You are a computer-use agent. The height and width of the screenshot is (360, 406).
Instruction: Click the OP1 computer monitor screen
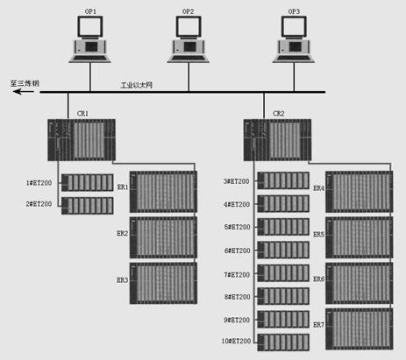coord(90,26)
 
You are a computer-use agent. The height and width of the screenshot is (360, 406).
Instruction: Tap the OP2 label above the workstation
coord(188,11)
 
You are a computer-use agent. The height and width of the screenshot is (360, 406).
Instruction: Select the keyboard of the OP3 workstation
coord(294,59)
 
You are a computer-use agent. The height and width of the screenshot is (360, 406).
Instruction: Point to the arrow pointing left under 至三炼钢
coord(24,92)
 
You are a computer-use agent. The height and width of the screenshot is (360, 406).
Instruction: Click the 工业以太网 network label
coord(137,85)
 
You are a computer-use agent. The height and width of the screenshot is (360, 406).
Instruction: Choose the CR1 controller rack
coord(82,140)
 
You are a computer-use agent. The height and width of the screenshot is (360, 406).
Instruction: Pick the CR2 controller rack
coord(277,140)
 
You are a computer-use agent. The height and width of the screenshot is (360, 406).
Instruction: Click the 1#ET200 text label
coord(39,183)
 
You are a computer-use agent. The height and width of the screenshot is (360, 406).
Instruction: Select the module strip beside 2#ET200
coord(88,206)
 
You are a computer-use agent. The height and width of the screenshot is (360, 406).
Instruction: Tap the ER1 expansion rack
coord(163,192)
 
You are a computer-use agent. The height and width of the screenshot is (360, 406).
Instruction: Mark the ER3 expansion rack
coord(163,283)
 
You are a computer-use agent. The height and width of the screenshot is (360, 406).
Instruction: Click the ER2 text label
coord(123,233)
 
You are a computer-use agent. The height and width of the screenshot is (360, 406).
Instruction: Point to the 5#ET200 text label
coord(237,227)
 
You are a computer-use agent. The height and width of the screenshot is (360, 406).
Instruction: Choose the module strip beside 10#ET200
coord(283,342)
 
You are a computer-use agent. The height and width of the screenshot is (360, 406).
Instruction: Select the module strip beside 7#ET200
coord(283,273)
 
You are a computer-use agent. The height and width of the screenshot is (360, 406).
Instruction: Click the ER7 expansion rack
coord(360,329)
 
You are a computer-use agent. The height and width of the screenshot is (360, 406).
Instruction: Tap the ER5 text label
coord(319,235)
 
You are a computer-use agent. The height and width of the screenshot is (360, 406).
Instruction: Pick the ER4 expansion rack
coord(360,192)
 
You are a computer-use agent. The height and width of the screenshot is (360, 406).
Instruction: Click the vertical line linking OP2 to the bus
coord(189,77)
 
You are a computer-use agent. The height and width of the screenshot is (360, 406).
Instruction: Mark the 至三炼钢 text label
coord(25,83)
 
